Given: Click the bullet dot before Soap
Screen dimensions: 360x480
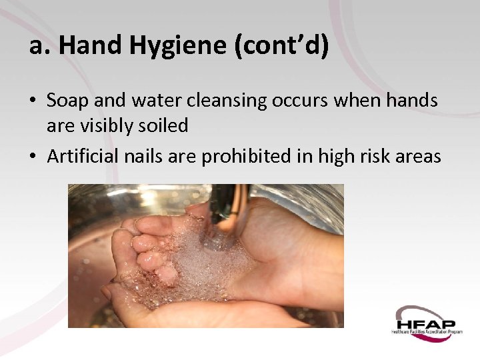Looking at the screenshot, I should (32, 101).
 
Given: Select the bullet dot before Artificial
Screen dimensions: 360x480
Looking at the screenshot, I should (32, 157).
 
